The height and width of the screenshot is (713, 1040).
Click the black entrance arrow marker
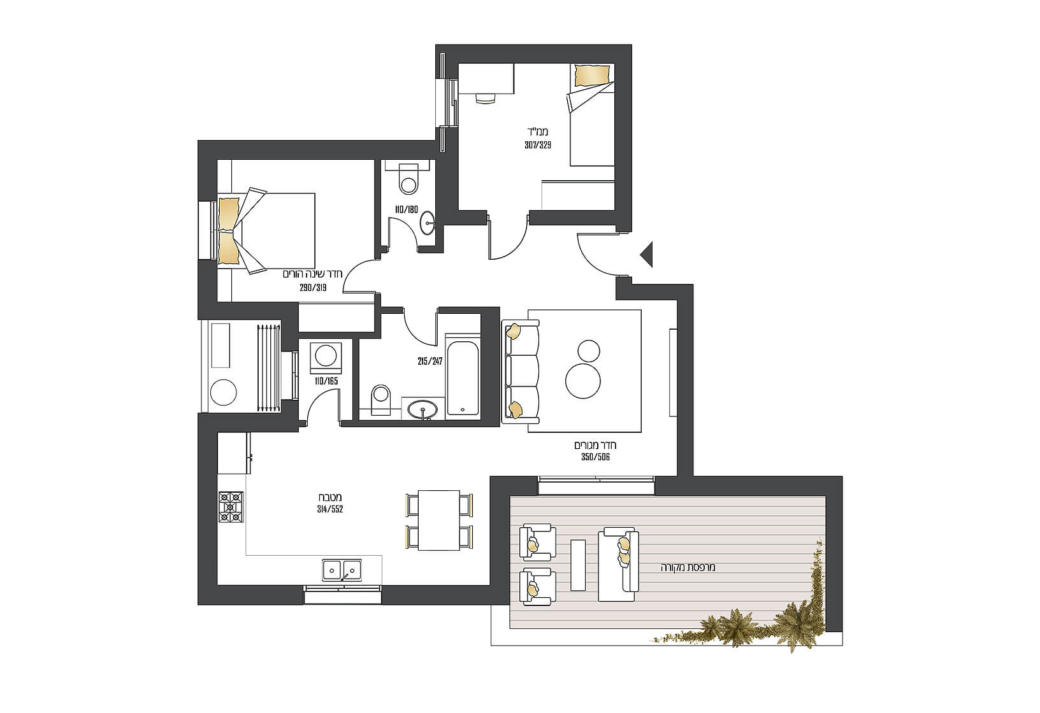coord(647,254)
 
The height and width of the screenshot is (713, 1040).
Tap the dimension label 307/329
coord(538,145)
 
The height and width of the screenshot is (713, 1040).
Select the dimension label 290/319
coord(313,288)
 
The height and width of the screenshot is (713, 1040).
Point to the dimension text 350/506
coord(595,457)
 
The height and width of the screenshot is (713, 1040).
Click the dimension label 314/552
coord(329,509)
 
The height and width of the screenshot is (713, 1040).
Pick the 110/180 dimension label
coord(407,209)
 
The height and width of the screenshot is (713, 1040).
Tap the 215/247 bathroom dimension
coord(430,361)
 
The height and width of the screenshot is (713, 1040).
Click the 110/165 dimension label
coord(326,381)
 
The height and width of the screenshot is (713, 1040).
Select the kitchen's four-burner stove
coord(231,507)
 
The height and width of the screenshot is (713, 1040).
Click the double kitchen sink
coord(342,570)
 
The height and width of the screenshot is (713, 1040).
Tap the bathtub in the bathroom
coord(463,379)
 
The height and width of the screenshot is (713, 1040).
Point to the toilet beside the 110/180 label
coord(408,179)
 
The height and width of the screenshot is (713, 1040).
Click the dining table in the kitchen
coord(438,521)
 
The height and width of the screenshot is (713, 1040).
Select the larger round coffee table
coord(582,381)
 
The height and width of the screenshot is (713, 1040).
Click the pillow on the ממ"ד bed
coord(592,75)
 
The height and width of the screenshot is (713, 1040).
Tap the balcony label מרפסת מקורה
coord(688,567)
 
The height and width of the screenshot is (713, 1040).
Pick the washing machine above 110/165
coord(326,358)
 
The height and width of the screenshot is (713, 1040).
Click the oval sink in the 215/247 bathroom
coord(422,409)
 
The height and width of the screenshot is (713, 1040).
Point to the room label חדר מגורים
coord(595,446)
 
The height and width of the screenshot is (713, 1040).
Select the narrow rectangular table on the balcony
coord(577,565)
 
